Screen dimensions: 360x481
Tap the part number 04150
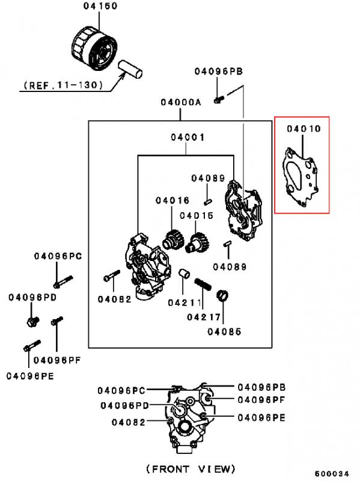[x=100, y=6]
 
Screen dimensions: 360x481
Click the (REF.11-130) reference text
[x=63, y=85]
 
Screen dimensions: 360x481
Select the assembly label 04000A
[x=181, y=102]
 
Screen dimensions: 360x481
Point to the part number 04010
[x=304, y=129]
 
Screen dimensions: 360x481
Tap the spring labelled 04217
[x=203, y=284]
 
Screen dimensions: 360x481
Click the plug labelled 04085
[x=223, y=296]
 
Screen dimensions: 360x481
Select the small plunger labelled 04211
[x=184, y=274]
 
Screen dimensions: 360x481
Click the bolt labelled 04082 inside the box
[x=112, y=275]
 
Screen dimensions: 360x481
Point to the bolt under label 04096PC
[x=63, y=281]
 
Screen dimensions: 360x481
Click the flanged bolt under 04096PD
[x=32, y=321]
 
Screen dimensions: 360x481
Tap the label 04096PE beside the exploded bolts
[x=30, y=376]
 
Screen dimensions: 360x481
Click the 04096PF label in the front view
[x=261, y=400]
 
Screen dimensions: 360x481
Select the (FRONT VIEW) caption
[x=191, y=469]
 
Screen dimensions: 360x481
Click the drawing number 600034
[x=332, y=473]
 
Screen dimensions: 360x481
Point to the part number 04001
[x=188, y=137]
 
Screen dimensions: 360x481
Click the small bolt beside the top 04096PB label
[x=219, y=99]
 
